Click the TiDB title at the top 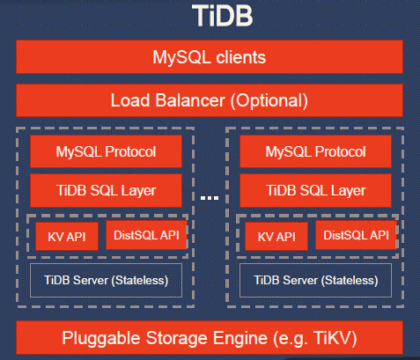210,16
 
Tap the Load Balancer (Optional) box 210,99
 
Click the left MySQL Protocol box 106,151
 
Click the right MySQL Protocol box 315,151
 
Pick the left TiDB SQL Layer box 106,189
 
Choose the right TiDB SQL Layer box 315,189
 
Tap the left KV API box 66,236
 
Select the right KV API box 276,236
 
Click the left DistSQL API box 144,234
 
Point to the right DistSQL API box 356,234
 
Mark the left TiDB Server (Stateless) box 106,280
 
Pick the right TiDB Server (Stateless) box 315,280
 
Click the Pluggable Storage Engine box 210,339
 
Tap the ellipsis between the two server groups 209,199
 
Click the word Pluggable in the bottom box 100,339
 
